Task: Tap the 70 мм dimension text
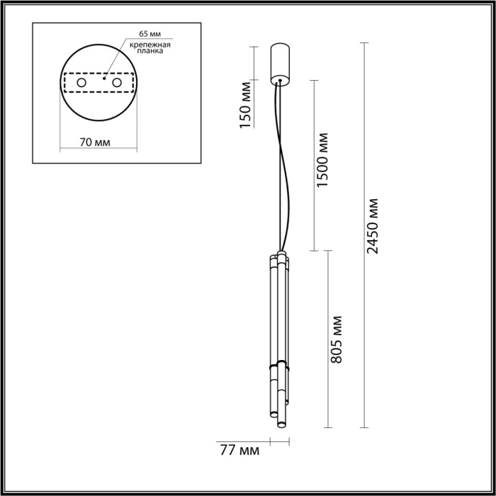point(95,142)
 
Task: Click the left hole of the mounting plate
point(82,84)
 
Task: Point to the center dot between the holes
point(103,79)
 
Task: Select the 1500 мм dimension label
point(323,160)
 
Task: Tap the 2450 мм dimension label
point(374,225)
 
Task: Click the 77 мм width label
point(239,449)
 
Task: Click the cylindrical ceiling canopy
point(281,62)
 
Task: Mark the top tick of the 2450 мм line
point(364,43)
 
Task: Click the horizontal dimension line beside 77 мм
point(280,441)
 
